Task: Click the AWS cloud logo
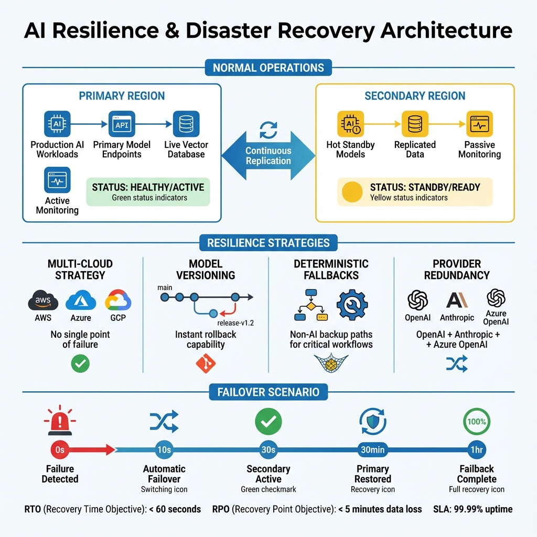43,302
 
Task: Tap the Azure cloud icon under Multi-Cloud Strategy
81,301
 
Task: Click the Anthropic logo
456,300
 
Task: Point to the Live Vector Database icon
186,124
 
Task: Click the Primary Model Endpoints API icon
122,124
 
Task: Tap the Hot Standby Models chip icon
350,124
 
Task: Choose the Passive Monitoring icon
479,124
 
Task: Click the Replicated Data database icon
415,124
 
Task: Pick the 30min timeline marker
373,449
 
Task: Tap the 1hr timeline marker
477,449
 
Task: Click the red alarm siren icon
60,421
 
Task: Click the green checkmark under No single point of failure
80,364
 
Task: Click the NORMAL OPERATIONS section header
268,68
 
